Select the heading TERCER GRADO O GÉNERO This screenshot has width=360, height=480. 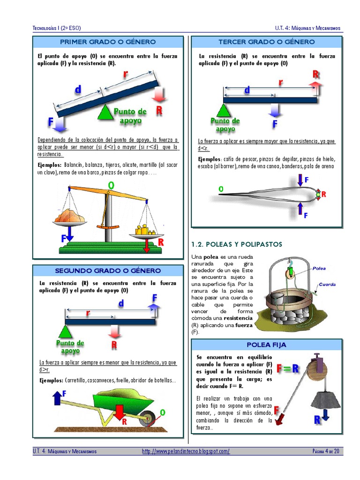266,42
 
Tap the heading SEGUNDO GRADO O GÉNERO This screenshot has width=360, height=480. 108,271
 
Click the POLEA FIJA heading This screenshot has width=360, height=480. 266,345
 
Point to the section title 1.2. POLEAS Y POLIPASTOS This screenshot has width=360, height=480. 237,244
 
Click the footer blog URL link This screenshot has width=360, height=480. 186,451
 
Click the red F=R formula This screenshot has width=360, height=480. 287,368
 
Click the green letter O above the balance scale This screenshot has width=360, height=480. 111,186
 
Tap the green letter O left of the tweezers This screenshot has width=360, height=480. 220,189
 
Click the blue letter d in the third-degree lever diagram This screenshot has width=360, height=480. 247,90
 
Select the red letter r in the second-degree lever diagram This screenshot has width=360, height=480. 88,313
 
